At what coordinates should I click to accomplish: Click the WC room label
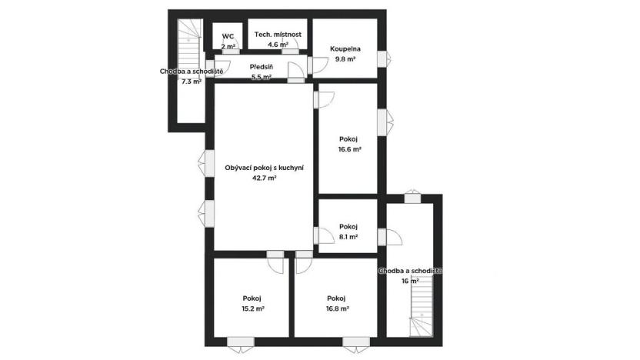click(x=228, y=36)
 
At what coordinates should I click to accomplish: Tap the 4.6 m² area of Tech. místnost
click(x=278, y=45)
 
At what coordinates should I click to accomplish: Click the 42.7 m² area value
click(x=264, y=178)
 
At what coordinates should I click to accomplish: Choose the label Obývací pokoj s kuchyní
click(x=264, y=167)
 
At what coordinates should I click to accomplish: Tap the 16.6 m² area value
click(x=350, y=150)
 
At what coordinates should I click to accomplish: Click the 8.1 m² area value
click(x=348, y=237)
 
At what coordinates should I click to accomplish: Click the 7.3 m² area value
click(x=191, y=82)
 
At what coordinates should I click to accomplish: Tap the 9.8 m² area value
click(x=343, y=59)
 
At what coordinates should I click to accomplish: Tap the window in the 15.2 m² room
click(x=242, y=342)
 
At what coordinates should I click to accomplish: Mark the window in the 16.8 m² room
click(x=355, y=342)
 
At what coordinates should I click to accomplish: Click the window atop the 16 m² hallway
click(x=413, y=197)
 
